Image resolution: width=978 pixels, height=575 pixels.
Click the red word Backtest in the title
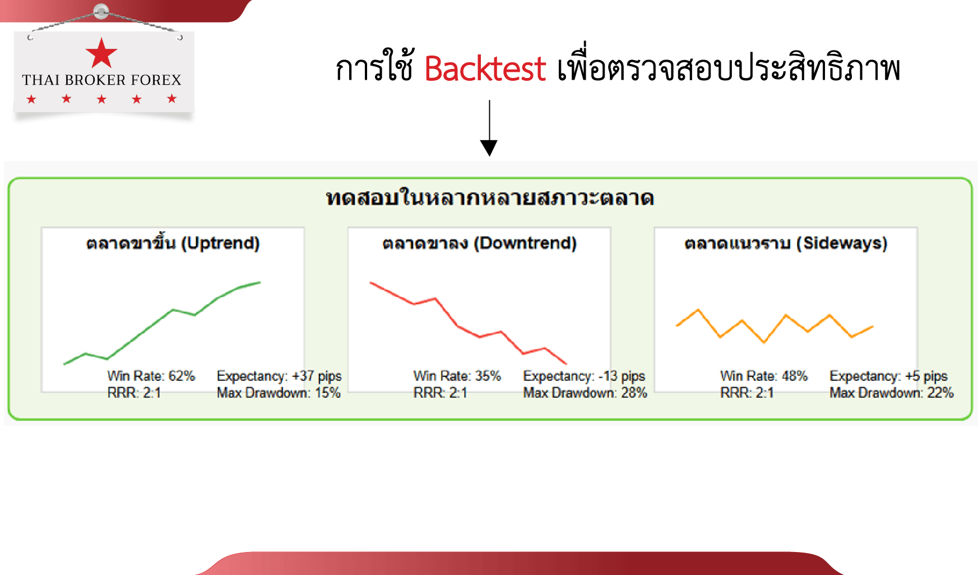coord(485,68)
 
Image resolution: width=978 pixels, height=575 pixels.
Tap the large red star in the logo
coord(101,53)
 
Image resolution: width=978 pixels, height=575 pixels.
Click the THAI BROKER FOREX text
coord(101,80)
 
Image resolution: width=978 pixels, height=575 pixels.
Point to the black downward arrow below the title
coord(489,128)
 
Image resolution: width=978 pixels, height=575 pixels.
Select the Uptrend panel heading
coord(173,243)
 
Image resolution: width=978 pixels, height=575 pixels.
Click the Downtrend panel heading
coord(479,243)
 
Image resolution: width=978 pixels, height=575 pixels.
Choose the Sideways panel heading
coord(786,243)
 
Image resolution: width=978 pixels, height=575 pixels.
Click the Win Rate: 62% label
coord(151,376)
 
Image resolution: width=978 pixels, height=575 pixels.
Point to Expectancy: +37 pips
coord(279,376)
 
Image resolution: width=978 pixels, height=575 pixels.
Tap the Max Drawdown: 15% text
coord(279,393)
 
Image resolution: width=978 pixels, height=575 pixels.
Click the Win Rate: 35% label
coord(457,376)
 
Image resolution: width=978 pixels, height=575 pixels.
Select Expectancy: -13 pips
coord(584,376)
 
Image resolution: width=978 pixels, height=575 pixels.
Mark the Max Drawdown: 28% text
coord(585,393)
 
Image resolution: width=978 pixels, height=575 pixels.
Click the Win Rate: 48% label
coord(763,376)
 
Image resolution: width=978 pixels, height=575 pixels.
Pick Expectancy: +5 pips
coord(888,376)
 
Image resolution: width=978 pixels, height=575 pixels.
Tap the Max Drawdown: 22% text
coord(892,393)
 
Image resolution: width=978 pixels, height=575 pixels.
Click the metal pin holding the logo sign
coord(101,11)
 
